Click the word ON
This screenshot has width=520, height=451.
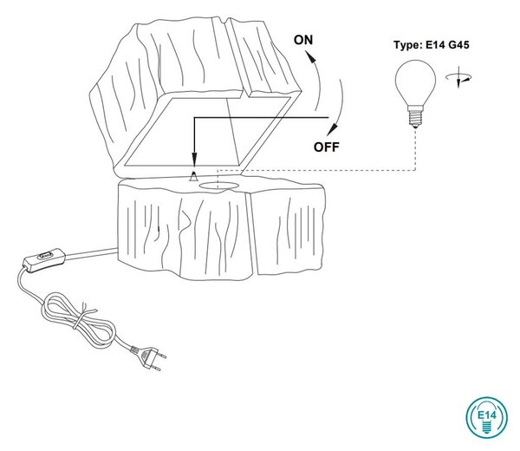coord(303,40)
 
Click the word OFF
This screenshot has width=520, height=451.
coord(327,147)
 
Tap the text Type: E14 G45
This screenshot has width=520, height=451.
coord(432,45)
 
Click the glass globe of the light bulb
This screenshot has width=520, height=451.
coord(415,82)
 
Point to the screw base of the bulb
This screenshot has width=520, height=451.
coord(415,116)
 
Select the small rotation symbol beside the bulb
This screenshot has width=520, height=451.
coord(458,77)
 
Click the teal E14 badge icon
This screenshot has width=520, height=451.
coord(486,416)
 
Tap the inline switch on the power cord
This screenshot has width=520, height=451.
coord(44,260)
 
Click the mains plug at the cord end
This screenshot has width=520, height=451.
coord(148,357)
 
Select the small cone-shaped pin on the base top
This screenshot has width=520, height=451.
coord(193,177)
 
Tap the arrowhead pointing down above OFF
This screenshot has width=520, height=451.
coord(333,129)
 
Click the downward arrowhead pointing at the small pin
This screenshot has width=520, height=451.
coord(194,159)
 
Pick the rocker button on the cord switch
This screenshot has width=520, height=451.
coord(45,256)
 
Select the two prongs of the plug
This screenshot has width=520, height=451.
coord(159,362)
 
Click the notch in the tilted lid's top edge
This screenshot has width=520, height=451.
coord(228,22)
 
